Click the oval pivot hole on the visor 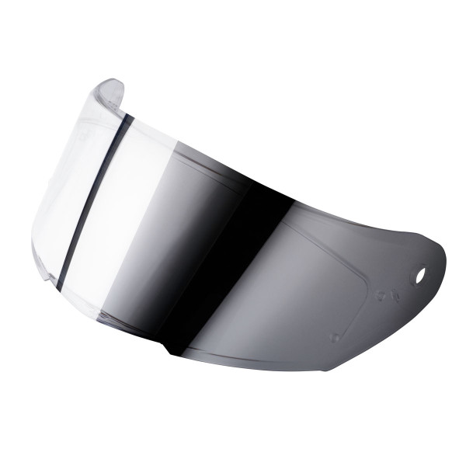pyautogui.click(x=419, y=276)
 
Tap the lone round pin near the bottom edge pyautogui.click(x=336, y=338)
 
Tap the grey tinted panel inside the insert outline pyautogui.click(x=311, y=280)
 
